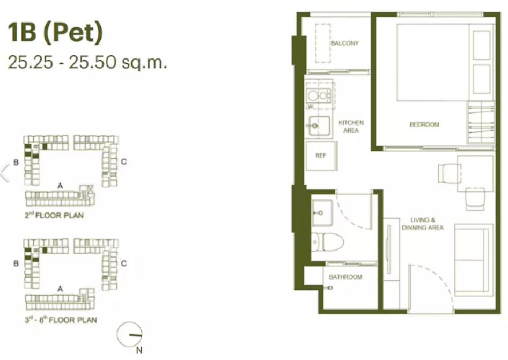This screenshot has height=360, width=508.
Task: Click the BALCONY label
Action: click(x=345, y=43)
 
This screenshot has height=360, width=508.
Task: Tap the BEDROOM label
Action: click(x=424, y=124)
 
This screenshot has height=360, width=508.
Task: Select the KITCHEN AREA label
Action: click(x=351, y=127)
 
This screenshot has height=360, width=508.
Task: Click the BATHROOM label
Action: click(x=345, y=277)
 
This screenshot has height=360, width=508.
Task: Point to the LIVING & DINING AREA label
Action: click(x=423, y=224)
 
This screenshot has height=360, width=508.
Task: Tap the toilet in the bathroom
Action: click(x=328, y=242)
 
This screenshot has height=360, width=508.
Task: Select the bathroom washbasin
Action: click(x=322, y=213)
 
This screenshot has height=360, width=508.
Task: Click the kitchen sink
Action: click(x=319, y=126)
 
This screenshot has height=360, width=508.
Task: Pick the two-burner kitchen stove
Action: click(x=319, y=95)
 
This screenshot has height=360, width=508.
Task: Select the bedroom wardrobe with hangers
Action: click(x=481, y=122)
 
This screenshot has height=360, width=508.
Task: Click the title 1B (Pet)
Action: click(x=55, y=32)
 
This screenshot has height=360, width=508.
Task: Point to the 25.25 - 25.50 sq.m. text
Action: click(x=87, y=62)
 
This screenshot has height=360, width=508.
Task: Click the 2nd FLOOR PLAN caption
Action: click(x=54, y=215)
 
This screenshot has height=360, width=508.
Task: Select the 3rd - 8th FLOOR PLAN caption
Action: click(x=61, y=320)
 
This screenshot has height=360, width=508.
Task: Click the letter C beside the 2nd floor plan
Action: click(x=124, y=161)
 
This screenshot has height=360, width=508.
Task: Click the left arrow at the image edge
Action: click(x=5, y=172)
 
